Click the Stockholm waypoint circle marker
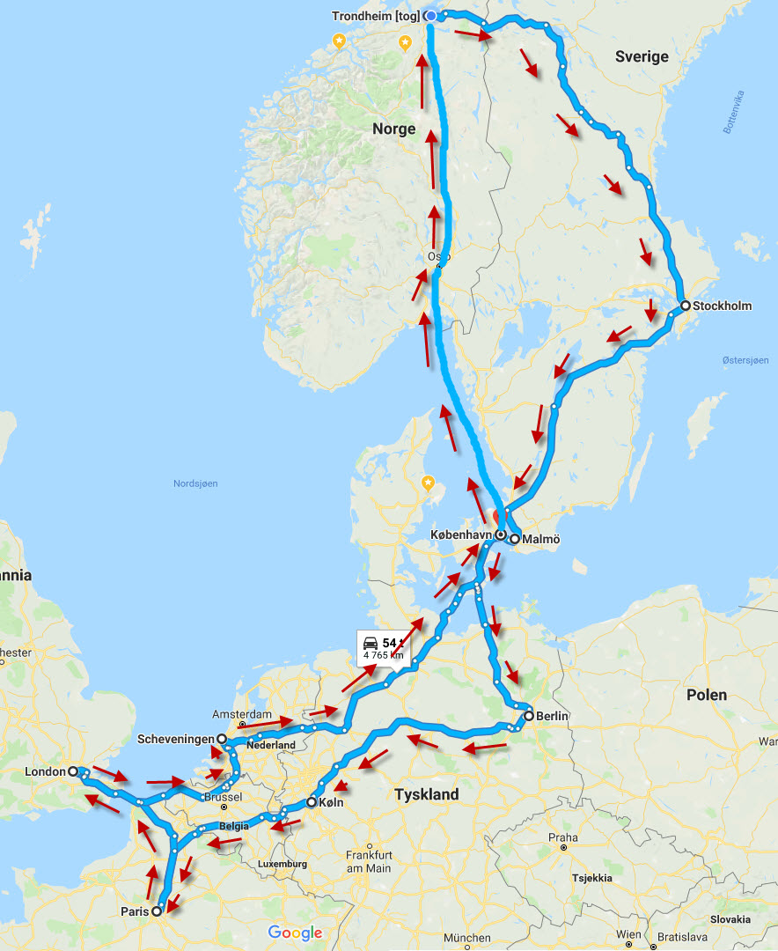pos(685,306)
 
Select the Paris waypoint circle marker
pos(157,911)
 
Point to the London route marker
pos(73,771)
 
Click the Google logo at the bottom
pos(296,933)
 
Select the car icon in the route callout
pos(371,643)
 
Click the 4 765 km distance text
pos(383,655)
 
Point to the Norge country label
pos(393,129)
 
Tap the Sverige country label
pos(642,57)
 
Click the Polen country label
pos(707,695)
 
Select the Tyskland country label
pos(427,794)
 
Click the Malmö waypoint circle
pos(514,539)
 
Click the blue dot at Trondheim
pos(430,16)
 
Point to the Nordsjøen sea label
pos(195,483)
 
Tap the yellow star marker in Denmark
pos(428,483)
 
